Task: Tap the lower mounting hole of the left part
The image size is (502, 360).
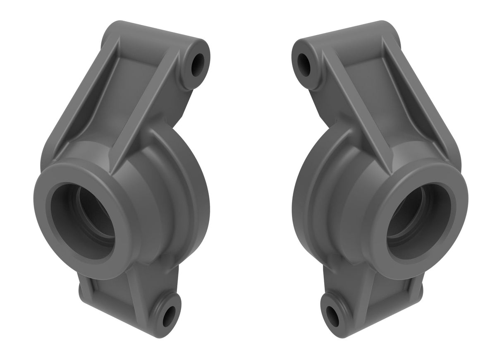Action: point(169,316)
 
